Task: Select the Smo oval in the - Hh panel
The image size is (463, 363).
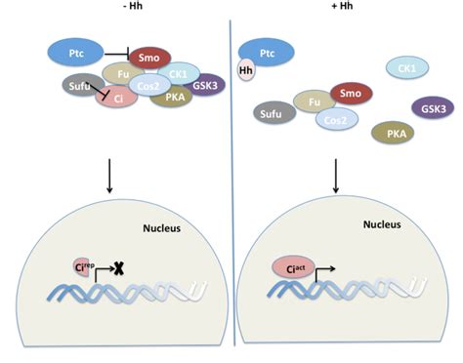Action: pyautogui.click(x=149, y=59)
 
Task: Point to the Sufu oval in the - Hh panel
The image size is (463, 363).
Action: pyautogui.click(x=81, y=87)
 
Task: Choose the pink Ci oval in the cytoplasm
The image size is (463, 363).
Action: pyautogui.click(x=116, y=97)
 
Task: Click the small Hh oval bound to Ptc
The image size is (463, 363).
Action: pyautogui.click(x=246, y=70)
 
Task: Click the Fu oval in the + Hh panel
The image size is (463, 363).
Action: pyautogui.click(x=314, y=101)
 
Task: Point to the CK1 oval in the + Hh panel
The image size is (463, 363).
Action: pyautogui.click(x=403, y=67)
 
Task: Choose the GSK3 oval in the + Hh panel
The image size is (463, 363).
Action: pyautogui.click(x=432, y=107)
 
